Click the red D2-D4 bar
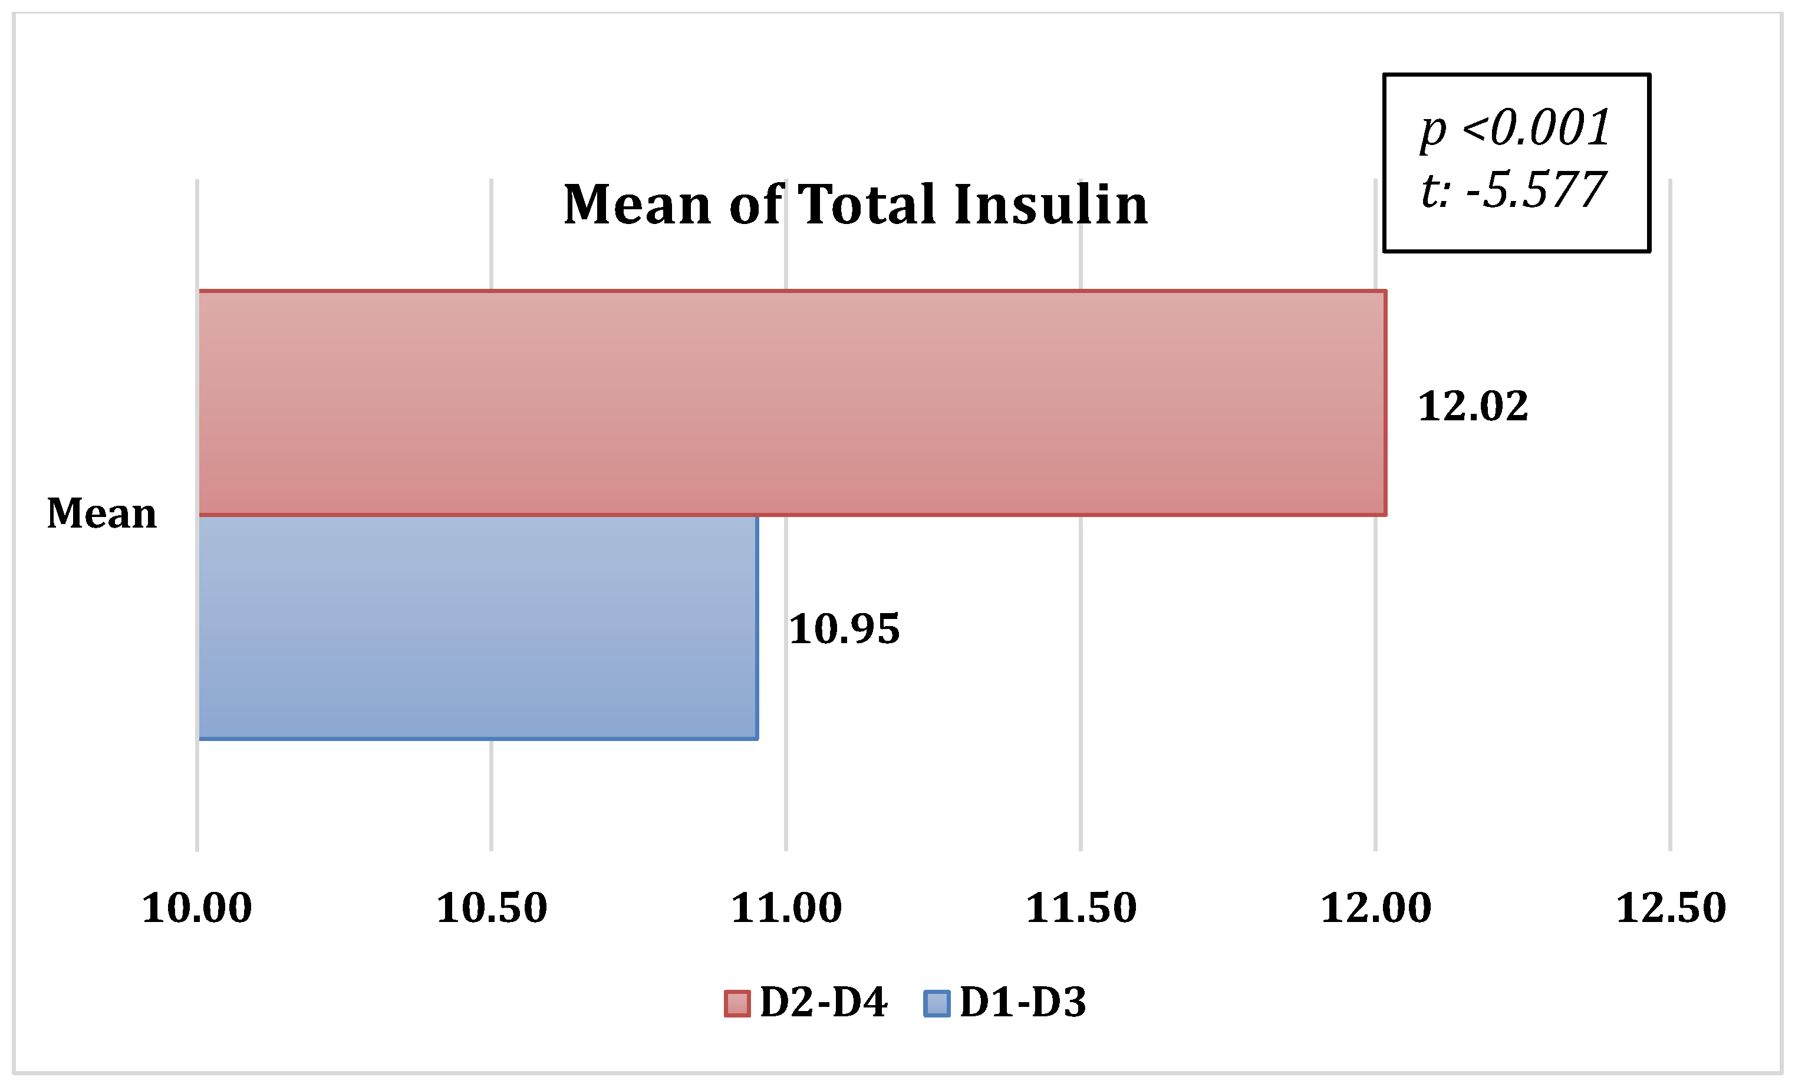pos(792,403)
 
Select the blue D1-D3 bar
pos(478,627)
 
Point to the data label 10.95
pos(844,629)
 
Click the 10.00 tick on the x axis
pos(197,908)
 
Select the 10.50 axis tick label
pos(492,908)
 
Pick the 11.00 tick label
pos(786,908)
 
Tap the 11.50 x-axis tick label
pos(1081,908)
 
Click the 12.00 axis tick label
pos(1375,908)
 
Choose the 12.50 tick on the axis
pos(1671,908)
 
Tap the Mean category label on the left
pos(102,513)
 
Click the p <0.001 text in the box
pos(1515,129)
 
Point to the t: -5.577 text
pos(1513,190)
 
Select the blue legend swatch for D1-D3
pos(936,1003)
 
